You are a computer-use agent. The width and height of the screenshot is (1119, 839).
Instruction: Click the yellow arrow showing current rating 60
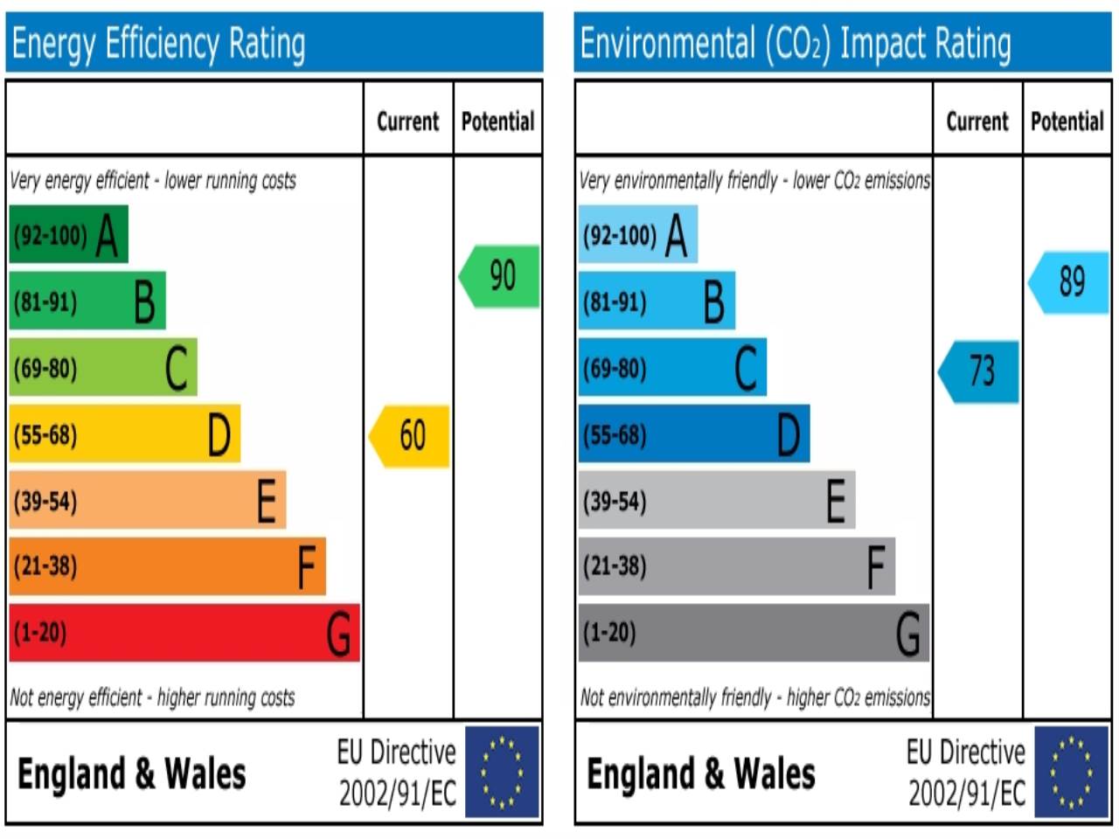pyautogui.click(x=410, y=435)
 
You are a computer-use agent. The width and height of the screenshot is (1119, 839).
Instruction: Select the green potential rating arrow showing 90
pyautogui.click(x=500, y=276)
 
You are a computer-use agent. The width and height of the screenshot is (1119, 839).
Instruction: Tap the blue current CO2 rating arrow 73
pyautogui.click(x=979, y=371)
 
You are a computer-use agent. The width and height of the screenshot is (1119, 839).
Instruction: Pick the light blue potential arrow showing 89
pyautogui.click(x=1069, y=281)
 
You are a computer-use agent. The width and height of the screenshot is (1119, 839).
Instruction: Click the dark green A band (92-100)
pyautogui.click(x=68, y=234)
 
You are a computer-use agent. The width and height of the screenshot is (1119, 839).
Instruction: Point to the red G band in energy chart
pyautogui.click(x=184, y=632)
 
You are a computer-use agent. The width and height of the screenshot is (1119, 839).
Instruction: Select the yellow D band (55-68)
pyautogui.click(x=124, y=433)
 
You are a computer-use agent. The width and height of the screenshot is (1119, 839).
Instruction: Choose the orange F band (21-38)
pyautogui.click(x=166, y=566)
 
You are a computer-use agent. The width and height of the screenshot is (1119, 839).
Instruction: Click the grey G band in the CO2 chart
pyautogui.click(x=753, y=632)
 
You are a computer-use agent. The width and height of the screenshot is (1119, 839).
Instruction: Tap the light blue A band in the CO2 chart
pyautogui.click(x=637, y=234)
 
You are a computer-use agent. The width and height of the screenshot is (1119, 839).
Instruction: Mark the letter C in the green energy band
pyautogui.click(x=176, y=368)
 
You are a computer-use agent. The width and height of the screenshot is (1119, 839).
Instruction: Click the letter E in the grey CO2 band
pyautogui.click(x=836, y=501)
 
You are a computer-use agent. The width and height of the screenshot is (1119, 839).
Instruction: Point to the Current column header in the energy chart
pyautogui.click(x=407, y=121)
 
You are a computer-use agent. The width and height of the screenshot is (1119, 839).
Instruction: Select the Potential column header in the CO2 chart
pyautogui.click(x=1067, y=121)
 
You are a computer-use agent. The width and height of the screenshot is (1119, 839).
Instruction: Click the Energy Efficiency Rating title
pyautogui.click(x=158, y=44)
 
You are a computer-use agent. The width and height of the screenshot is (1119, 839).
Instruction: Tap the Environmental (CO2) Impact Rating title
pyautogui.click(x=796, y=44)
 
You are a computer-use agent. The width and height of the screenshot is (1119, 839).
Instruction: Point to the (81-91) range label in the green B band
pyautogui.click(x=45, y=302)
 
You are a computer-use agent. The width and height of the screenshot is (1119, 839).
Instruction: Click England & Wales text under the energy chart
pyautogui.click(x=132, y=774)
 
